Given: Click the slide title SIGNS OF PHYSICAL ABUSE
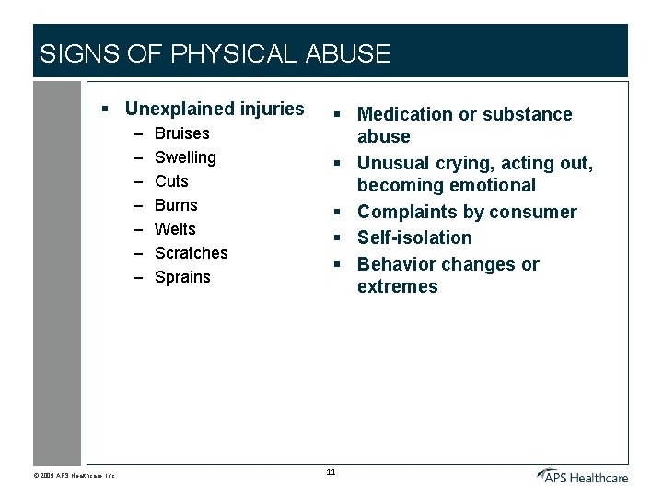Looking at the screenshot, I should coord(215,53).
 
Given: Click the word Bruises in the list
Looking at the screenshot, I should coord(181,133).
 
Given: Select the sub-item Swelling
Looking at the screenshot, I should coord(185,157).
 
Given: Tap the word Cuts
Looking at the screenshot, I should coord(171,181).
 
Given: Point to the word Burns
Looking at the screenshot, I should coord(176,205).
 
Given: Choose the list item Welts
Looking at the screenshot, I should coord(175,229).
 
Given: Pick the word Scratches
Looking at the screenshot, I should coord(191,253).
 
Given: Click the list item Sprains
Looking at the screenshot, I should coord(182,277).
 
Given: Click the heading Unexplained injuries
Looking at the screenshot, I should coord(214,109).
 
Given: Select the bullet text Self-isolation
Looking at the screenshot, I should coord(414,237).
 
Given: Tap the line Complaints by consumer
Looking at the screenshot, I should coord(467,212).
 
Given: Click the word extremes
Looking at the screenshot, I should coord(398,286).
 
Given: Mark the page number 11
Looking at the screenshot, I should coord(331,473).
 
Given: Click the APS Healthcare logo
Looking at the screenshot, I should coord(584,475).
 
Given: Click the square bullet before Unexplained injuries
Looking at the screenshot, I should coord(106,110).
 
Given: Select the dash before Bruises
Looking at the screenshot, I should coord(137,134).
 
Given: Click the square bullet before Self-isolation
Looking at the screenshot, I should coord(339,238).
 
